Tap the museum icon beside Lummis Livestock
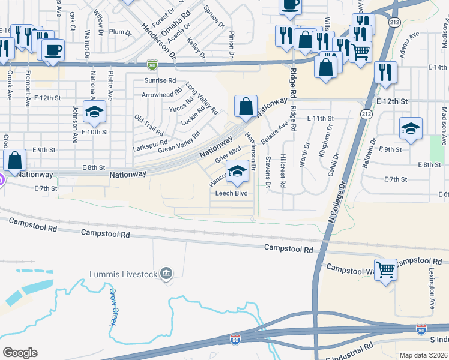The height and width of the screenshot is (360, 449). (x=166, y=274)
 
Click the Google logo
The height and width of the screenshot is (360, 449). (x=20, y=353)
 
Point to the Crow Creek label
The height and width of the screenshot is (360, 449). (x=112, y=307)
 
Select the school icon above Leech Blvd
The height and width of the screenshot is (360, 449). (x=237, y=172)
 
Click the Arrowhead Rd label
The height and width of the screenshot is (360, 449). (x=161, y=94)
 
